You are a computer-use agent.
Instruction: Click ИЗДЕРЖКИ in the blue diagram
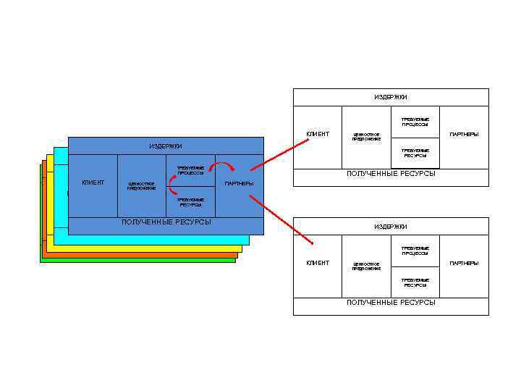(x=166, y=146)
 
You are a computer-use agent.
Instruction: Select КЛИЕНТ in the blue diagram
(x=93, y=182)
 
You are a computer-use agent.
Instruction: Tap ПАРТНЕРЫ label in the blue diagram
(x=239, y=183)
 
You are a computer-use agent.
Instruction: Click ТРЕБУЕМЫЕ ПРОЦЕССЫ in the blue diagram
(x=190, y=170)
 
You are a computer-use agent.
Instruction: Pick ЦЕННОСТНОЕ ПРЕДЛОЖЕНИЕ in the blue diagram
(x=141, y=186)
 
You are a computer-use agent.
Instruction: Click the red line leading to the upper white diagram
(x=279, y=155)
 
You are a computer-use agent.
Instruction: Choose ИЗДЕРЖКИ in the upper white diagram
(x=390, y=97)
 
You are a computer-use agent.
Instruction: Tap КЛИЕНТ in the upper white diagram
(x=318, y=133)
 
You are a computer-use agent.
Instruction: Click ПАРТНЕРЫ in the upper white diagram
(x=464, y=134)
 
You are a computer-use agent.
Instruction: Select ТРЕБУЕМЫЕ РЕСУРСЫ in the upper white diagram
(x=416, y=153)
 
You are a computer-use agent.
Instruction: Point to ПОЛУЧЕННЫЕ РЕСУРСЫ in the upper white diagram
(x=391, y=173)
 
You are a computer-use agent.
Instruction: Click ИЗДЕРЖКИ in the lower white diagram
(x=390, y=227)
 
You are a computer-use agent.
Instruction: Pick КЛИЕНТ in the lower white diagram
(x=318, y=263)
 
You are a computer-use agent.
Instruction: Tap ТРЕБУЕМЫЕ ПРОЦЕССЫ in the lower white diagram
(x=416, y=251)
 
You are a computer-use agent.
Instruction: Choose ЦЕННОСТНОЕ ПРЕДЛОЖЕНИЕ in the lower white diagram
(x=366, y=266)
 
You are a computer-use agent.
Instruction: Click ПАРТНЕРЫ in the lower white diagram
(x=464, y=263)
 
